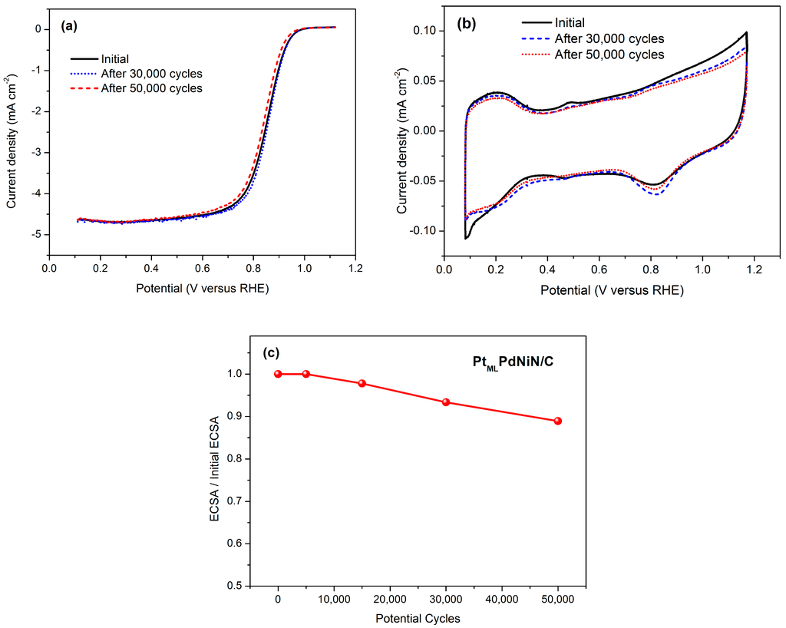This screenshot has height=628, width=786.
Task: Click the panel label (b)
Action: (x=467, y=24)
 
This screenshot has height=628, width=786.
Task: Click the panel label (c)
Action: (x=271, y=352)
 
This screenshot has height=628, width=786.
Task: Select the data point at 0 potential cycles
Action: (x=278, y=374)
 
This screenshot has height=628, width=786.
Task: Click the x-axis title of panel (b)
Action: (x=611, y=291)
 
